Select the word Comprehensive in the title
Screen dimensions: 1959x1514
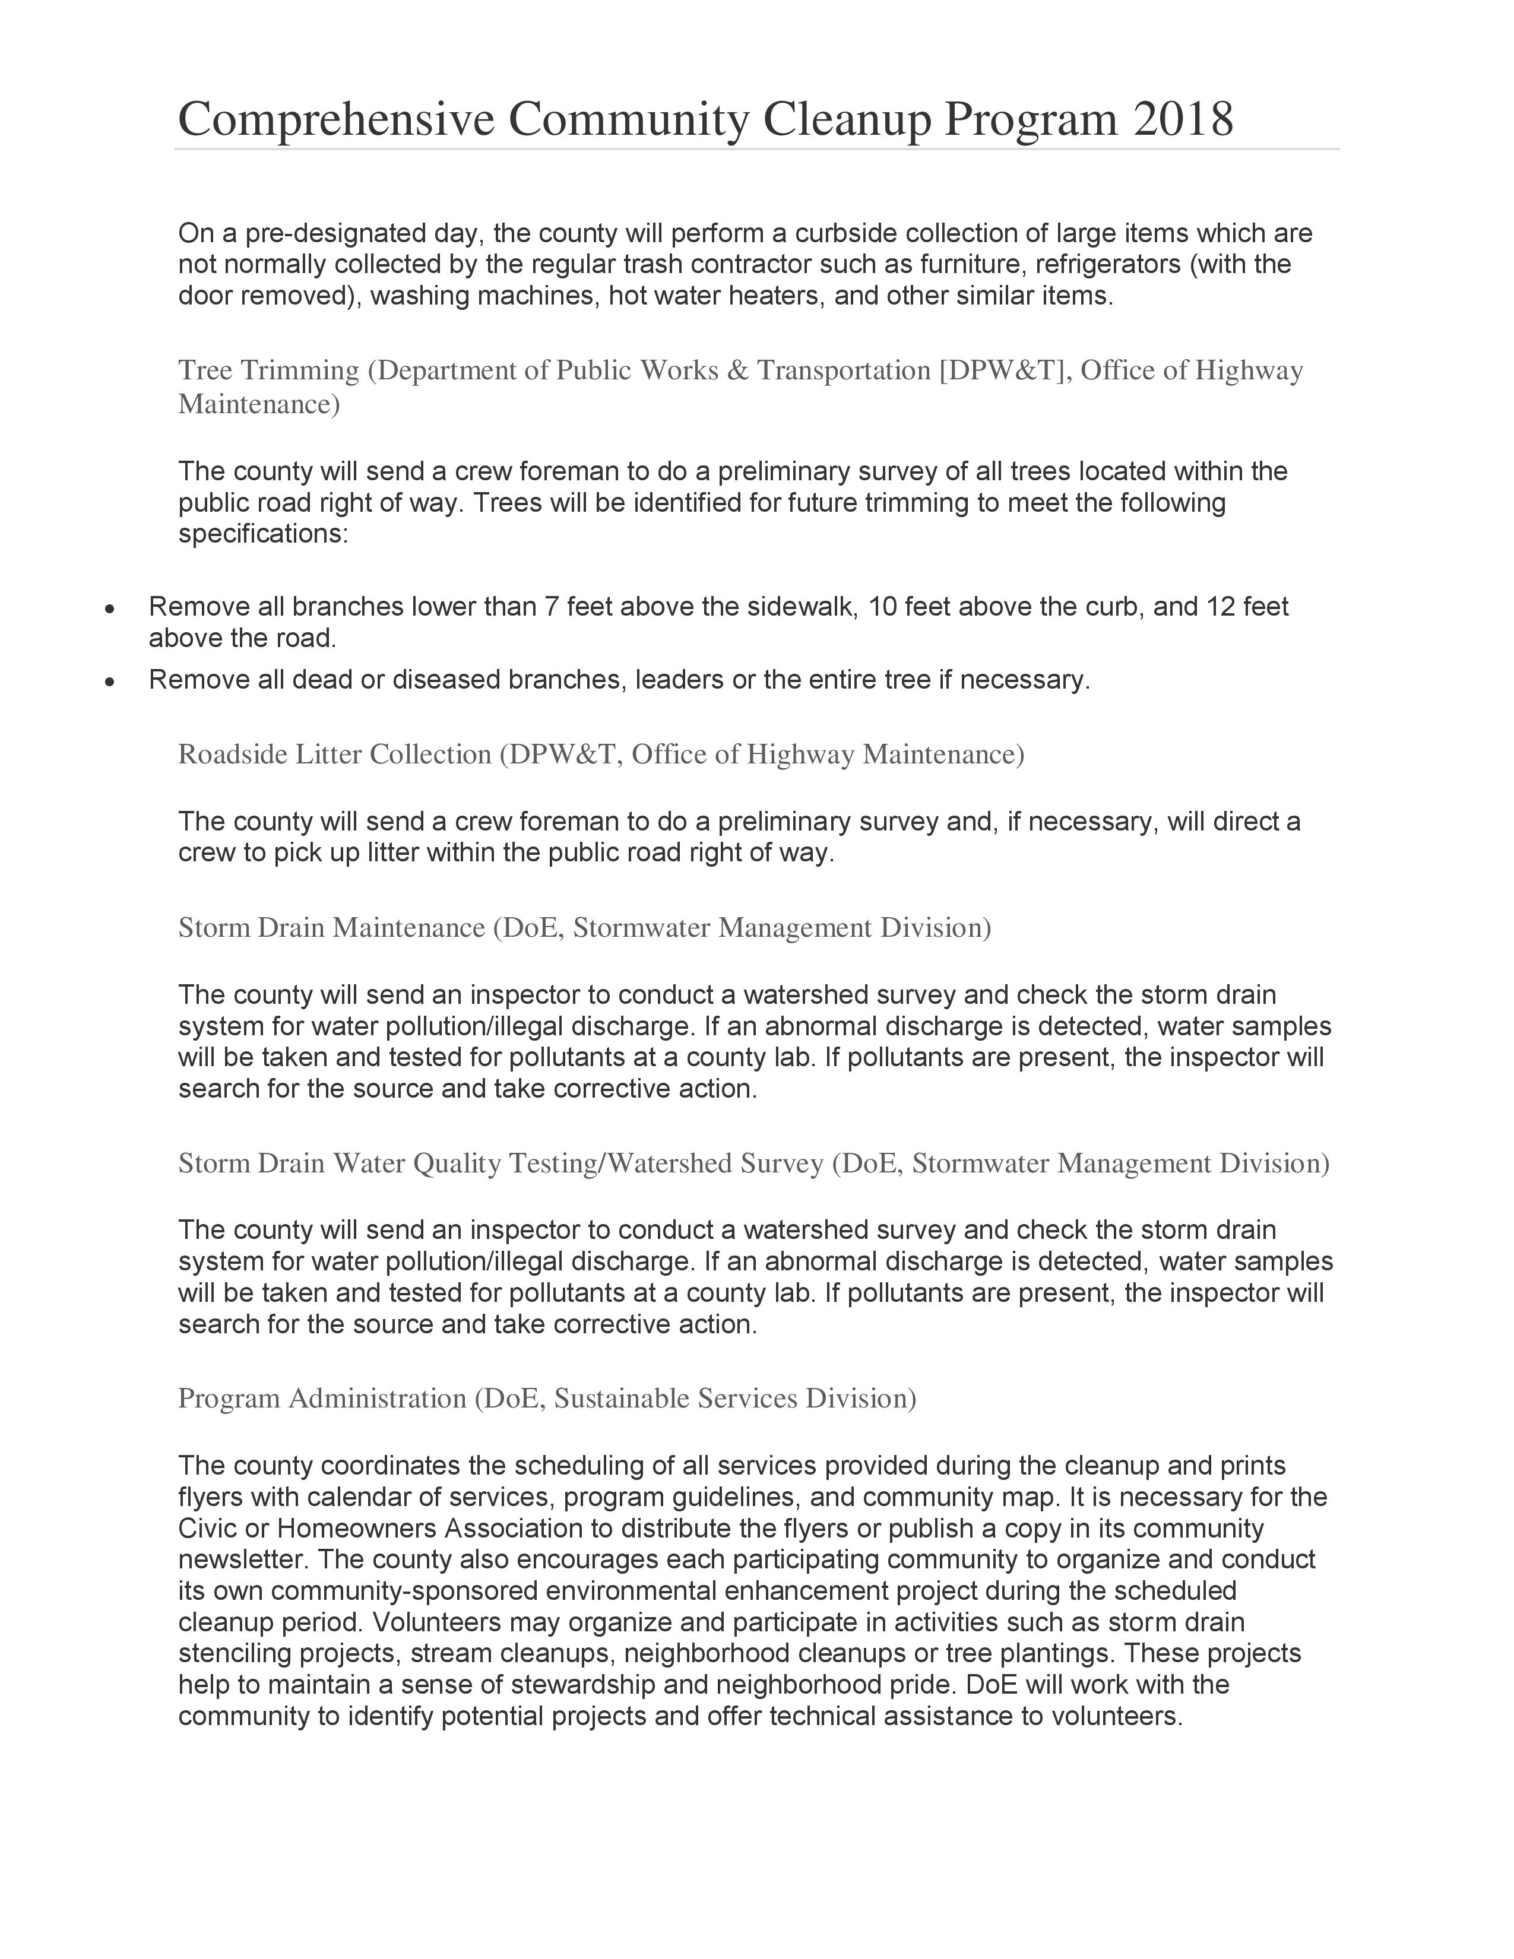pos(336,119)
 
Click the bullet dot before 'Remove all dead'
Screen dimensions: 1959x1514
pos(109,681)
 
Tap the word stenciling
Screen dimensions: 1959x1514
pos(234,1653)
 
